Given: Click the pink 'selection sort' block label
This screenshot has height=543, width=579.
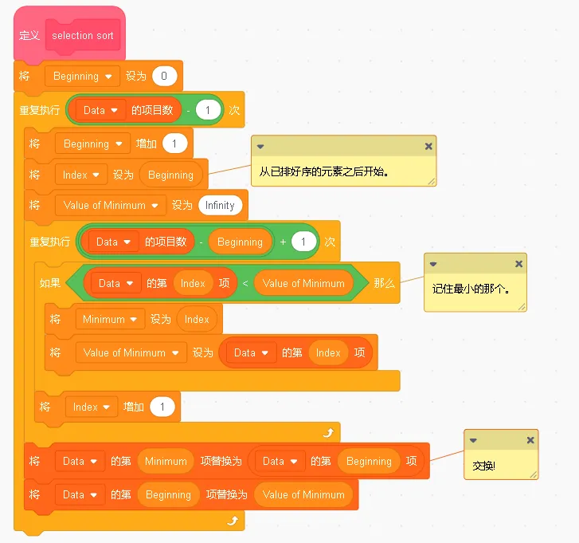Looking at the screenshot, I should [x=83, y=36].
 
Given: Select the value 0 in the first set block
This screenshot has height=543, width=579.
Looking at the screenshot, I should [x=164, y=77].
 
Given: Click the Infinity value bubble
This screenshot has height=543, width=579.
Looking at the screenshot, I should [x=220, y=205].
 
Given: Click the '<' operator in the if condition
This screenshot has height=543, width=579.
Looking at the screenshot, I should [x=245, y=283].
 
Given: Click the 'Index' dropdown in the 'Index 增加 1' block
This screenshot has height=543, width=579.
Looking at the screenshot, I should [x=91, y=407].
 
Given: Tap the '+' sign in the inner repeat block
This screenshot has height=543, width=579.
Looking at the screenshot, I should [x=283, y=242].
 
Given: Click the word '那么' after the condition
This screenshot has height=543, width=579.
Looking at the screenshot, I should [x=384, y=283].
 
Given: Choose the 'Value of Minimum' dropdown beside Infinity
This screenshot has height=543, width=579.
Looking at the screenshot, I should [x=111, y=205].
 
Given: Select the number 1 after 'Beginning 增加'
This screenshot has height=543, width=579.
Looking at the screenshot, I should [x=174, y=144].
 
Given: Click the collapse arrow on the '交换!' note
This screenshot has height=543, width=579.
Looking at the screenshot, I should [x=473, y=440].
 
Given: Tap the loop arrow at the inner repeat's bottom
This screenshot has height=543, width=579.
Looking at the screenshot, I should [x=327, y=432].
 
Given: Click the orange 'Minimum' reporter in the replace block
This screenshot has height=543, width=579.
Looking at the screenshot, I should [x=166, y=461].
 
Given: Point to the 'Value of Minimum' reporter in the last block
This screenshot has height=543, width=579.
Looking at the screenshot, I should [x=303, y=494].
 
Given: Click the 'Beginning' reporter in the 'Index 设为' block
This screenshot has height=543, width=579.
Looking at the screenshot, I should [x=170, y=175].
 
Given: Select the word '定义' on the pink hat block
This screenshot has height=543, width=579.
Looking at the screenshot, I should [x=29, y=36].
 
